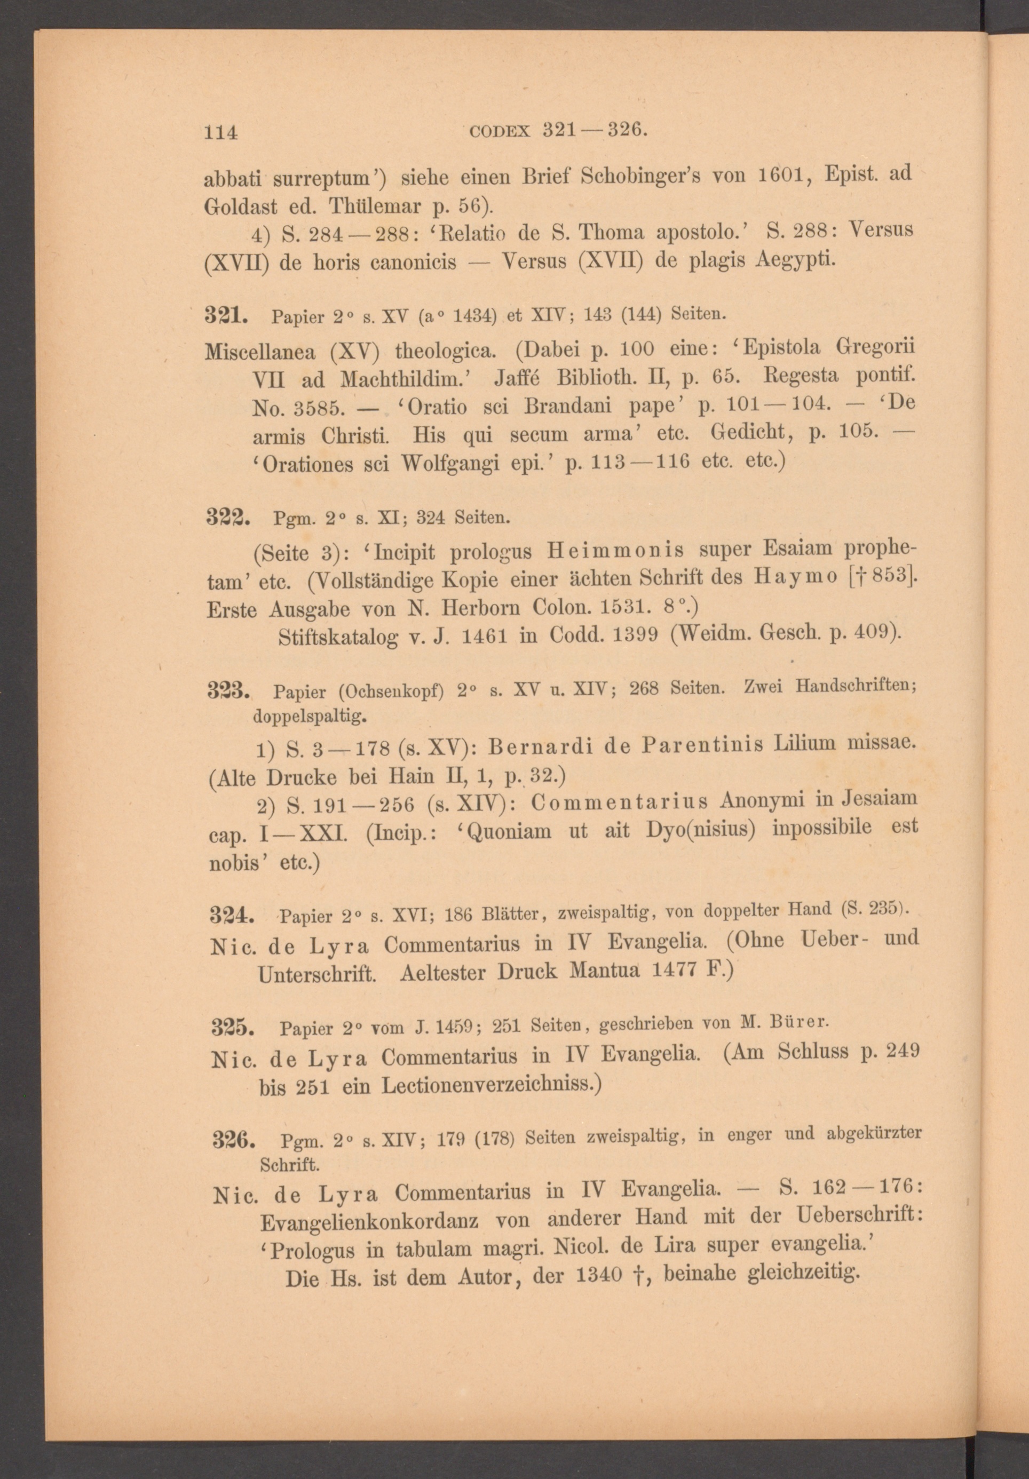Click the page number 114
[221, 132]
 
